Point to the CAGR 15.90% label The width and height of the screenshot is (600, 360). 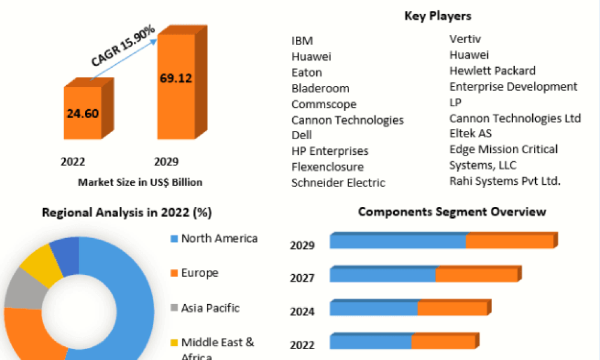coord(123,46)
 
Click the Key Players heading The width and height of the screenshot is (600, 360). coord(437,16)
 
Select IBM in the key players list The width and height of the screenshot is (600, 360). coord(302,41)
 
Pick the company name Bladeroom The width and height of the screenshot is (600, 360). coord(320,88)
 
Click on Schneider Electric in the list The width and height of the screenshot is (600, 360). coord(338,182)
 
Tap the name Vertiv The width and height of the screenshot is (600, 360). coord(465,39)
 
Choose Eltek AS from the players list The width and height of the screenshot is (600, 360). coord(470,133)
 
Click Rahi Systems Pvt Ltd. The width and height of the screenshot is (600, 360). coord(505,181)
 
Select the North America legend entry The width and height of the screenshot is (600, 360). coord(219,238)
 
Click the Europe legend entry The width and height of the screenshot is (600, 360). coord(199,273)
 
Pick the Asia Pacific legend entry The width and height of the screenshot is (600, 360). coord(210,308)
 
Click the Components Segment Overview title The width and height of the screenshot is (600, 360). coord(452,212)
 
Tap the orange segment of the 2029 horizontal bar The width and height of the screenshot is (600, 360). coord(509,242)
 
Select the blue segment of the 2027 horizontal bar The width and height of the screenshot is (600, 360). coord(382,275)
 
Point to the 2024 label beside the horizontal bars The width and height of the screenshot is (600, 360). coord(302,311)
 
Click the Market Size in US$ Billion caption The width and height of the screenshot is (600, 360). coord(140,182)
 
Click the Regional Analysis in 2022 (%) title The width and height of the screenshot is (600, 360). coord(127,212)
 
